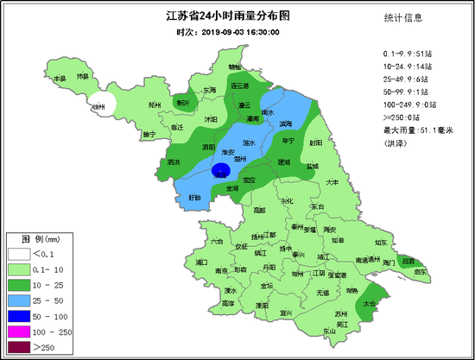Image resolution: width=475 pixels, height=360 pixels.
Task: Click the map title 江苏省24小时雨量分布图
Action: tap(229, 16)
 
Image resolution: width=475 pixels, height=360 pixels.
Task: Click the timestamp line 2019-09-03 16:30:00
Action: tap(229, 32)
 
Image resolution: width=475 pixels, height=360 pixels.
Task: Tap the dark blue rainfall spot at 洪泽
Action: tap(222, 171)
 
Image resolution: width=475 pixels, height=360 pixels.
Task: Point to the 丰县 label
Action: tap(60, 79)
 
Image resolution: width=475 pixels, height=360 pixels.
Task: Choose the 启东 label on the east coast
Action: tap(420, 271)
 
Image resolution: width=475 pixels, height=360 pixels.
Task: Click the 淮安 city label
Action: tap(229, 152)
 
